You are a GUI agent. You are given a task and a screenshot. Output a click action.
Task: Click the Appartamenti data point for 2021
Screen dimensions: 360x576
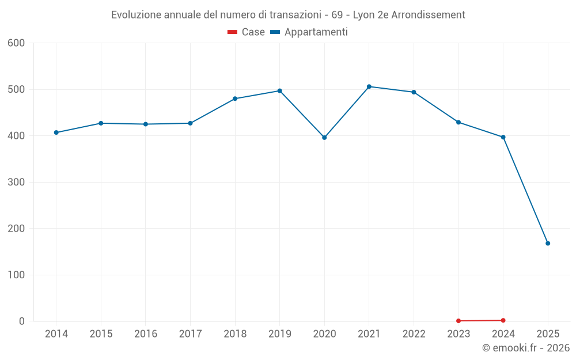point(369,86)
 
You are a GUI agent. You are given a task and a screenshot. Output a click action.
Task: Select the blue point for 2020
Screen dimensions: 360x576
point(324,138)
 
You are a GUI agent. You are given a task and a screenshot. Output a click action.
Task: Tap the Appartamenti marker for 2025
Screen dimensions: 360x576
point(548,243)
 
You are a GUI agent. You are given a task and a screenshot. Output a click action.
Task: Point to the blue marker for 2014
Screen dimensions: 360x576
point(56,132)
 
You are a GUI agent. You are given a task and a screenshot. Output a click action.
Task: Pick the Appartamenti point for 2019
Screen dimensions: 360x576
point(280,90)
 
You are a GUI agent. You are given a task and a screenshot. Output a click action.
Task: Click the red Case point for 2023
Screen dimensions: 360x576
point(458,321)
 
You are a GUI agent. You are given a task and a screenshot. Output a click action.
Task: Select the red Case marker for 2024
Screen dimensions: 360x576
point(503,320)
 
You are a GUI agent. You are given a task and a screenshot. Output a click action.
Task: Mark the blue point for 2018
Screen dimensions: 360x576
point(235,98)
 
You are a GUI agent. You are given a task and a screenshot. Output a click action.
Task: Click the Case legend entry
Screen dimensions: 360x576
point(247,32)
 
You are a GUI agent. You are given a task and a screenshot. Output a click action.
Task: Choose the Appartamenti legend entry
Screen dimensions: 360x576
point(309,32)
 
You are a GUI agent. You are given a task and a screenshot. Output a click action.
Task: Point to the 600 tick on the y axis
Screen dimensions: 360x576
point(16,43)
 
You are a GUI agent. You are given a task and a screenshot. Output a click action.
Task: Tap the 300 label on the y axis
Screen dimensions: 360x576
point(16,182)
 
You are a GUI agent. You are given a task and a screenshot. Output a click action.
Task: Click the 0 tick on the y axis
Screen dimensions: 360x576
point(22,321)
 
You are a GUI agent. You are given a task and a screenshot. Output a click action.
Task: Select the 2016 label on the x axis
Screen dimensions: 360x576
point(145,334)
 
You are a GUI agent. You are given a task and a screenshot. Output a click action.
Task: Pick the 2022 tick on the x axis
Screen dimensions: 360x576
point(414,334)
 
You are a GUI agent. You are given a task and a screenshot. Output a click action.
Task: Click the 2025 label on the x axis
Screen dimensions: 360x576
point(548,334)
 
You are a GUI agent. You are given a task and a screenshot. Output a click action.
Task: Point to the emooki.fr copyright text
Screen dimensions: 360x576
point(526,348)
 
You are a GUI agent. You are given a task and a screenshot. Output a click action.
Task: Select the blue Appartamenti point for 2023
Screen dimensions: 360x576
point(458,122)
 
